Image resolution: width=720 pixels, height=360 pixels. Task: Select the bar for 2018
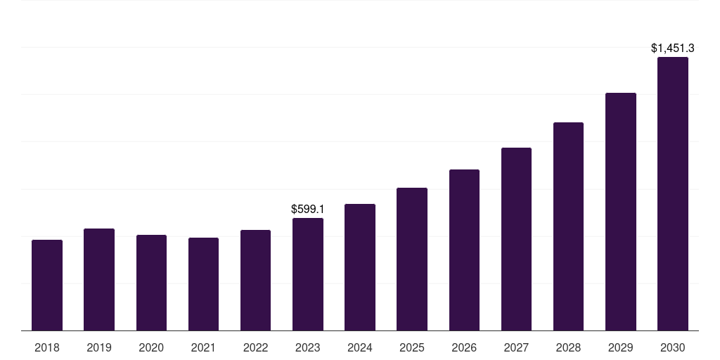[47, 285]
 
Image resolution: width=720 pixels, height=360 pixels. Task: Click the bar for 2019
[99, 279]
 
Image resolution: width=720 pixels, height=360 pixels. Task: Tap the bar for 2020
[151, 283]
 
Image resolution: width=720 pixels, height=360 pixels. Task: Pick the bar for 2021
[203, 284]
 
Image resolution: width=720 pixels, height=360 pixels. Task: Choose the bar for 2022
[255, 280]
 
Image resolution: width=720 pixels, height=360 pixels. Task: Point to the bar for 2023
[308, 274]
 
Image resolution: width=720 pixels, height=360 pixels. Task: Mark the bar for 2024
[360, 267]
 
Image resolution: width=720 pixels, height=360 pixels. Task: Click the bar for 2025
[412, 259]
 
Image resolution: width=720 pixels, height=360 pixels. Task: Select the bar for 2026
[464, 250]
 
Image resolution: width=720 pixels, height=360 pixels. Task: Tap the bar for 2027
[516, 239]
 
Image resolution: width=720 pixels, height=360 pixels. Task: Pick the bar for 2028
[568, 226]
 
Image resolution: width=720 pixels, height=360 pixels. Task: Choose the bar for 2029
[621, 212]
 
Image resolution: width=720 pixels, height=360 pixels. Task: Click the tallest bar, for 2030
[673, 193]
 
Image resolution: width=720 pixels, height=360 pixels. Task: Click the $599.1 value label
[308, 209]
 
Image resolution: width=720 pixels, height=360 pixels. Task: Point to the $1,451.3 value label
[673, 48]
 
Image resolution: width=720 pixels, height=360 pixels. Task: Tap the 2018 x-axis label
[47, 347]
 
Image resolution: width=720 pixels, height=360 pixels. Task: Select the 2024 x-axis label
[360, 347]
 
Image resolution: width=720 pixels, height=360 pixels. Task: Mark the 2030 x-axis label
[673, 347]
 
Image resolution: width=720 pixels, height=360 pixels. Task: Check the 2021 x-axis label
[203, 347]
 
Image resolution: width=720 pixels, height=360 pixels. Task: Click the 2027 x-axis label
[516, 347]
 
